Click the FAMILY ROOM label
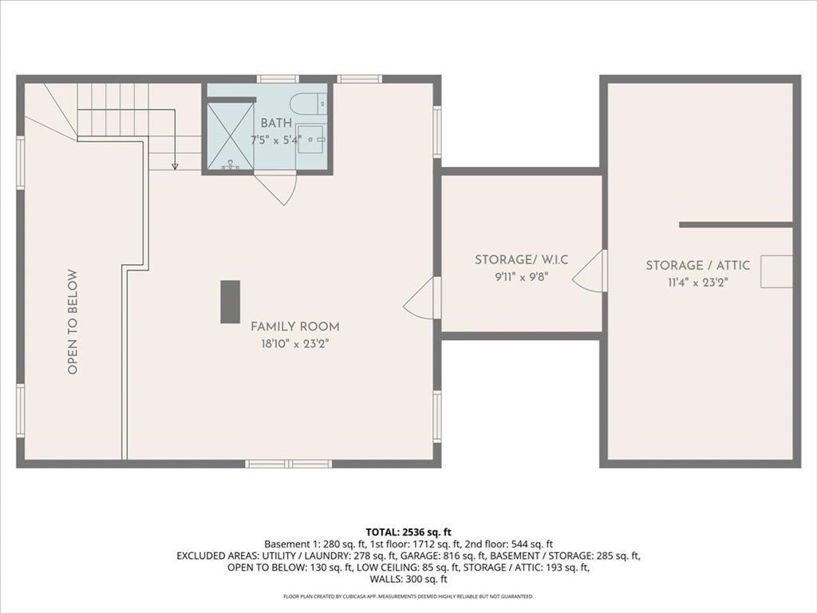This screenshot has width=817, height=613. pos(295,326)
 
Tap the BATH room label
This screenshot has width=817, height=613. pos(276,124)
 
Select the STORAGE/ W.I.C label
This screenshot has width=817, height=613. pos(521,259)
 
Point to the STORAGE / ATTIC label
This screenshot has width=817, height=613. pos(697,265)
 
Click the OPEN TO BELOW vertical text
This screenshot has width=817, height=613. pos(73,322)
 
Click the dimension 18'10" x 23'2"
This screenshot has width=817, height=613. pos(295,344)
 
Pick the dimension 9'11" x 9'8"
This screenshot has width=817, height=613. pos(522,277)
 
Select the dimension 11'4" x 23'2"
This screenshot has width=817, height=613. pos(697,283)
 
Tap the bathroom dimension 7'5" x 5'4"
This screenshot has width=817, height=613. pos(276,140)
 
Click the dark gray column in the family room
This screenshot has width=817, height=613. pos(231,302)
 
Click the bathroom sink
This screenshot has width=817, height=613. pos(311,139)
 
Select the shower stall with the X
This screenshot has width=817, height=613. pos(231,136)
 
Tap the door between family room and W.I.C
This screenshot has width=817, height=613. pos(422,297)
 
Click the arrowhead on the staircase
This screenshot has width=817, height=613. pos(175,166)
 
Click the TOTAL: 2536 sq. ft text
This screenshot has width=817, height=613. pos(408,532)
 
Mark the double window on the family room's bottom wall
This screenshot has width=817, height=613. pos(289,464)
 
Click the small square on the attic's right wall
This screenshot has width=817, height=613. pos(776,271)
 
